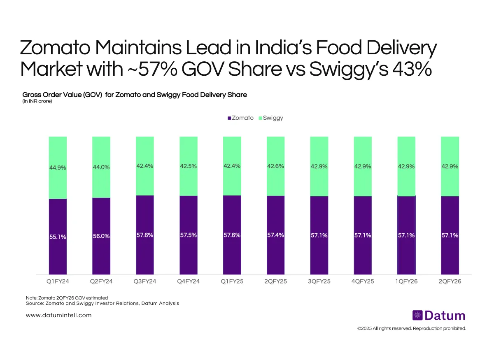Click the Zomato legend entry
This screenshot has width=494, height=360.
pos(240,118)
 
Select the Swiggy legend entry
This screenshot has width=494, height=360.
pos(270,118)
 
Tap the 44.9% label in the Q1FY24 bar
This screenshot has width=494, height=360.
pos(58,167)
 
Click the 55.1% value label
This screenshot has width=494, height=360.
pos(58,237)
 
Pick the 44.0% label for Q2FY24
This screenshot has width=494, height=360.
pos(101,167)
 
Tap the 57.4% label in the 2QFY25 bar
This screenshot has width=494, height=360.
pos(276,235)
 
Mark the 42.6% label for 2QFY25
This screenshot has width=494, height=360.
pos(276,166)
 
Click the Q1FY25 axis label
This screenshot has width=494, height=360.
pos(232,282)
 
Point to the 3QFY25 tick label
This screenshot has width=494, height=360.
pos(319,282)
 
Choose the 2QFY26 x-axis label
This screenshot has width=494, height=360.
pos(450,282)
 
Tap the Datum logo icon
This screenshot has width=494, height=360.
pos(417,316)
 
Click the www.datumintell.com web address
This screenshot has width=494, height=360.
pos(58,315)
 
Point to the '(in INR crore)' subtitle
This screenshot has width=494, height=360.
pos(37,101)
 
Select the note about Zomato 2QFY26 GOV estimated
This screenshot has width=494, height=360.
pos(66,297)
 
